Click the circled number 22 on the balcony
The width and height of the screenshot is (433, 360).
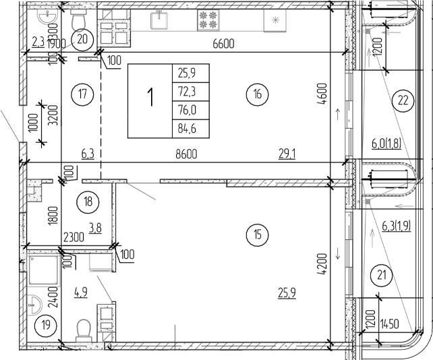403,102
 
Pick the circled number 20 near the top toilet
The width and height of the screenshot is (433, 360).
83,39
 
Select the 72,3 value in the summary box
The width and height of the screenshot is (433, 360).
191,90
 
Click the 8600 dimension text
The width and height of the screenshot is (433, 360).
185,154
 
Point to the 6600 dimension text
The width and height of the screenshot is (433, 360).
223,44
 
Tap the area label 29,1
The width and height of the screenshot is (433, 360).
288,154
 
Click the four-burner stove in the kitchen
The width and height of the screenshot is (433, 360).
208,20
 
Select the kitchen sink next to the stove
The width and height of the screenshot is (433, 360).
160,20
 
